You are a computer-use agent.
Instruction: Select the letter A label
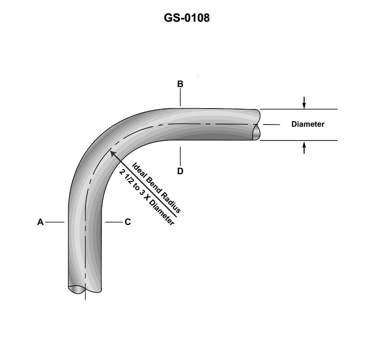pos(41,222)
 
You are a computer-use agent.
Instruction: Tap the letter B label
pos(180,84)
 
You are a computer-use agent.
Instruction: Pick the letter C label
pos(128,222)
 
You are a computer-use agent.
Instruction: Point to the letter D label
pos(180,171)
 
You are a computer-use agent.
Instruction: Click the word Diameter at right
pos(308,125)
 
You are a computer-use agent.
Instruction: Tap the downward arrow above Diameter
pos(304,102)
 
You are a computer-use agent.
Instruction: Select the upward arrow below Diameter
pos(304,147)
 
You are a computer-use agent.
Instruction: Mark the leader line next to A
pos(56,222)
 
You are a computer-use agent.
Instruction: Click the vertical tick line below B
pos(180,98)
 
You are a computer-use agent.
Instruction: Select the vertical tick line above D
pos(180,156)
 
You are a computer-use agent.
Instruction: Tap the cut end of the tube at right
pos(256,125)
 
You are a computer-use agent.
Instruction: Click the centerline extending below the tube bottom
pos(85,296)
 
